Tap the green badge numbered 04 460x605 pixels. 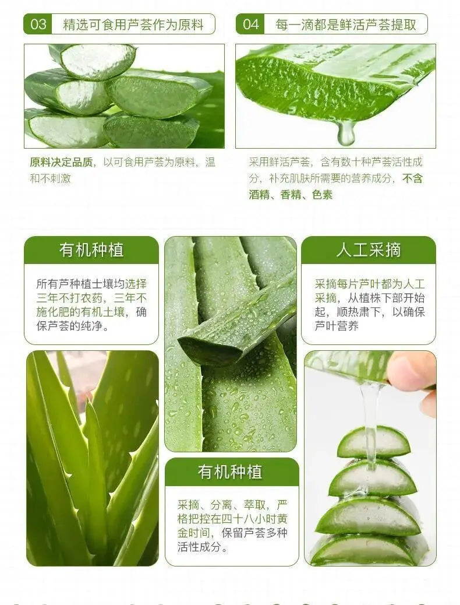coord(250,24)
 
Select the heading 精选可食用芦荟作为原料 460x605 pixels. coord(133,24)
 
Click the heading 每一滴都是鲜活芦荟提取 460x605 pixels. coord(345,24)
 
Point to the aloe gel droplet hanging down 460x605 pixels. coord(346,133)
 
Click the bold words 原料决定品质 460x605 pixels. coord(61,162)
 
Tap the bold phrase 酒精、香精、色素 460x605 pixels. coord(291,195)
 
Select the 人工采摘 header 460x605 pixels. coord(368,249)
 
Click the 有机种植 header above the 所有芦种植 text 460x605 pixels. coord(91,249)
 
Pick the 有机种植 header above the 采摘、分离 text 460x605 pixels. coord(230,472)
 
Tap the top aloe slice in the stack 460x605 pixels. coord(374,442)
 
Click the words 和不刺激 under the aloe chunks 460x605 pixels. coord(51,178)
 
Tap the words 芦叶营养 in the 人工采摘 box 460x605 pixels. coord(337,326)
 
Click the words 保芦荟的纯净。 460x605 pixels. coord(72,326)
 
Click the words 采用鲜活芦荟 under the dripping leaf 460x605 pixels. coord(280,162)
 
